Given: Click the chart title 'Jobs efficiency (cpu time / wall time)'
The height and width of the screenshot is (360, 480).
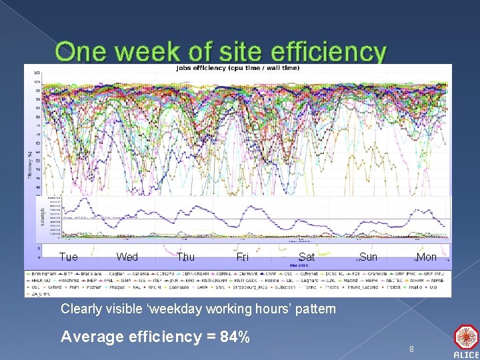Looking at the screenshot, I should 237,67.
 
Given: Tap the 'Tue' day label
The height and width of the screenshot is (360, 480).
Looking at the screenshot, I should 69,257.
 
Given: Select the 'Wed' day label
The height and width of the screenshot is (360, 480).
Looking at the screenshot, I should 127,257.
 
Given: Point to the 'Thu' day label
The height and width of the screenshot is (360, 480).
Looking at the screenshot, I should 186,257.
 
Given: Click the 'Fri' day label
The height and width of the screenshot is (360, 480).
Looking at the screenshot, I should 243,257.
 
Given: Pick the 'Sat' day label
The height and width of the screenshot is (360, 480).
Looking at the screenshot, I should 307,257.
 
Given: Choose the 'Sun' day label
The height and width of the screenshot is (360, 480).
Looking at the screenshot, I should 368,257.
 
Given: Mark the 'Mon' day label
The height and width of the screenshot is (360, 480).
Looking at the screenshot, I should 426,257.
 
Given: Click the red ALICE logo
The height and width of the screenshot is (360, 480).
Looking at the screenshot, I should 466,339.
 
